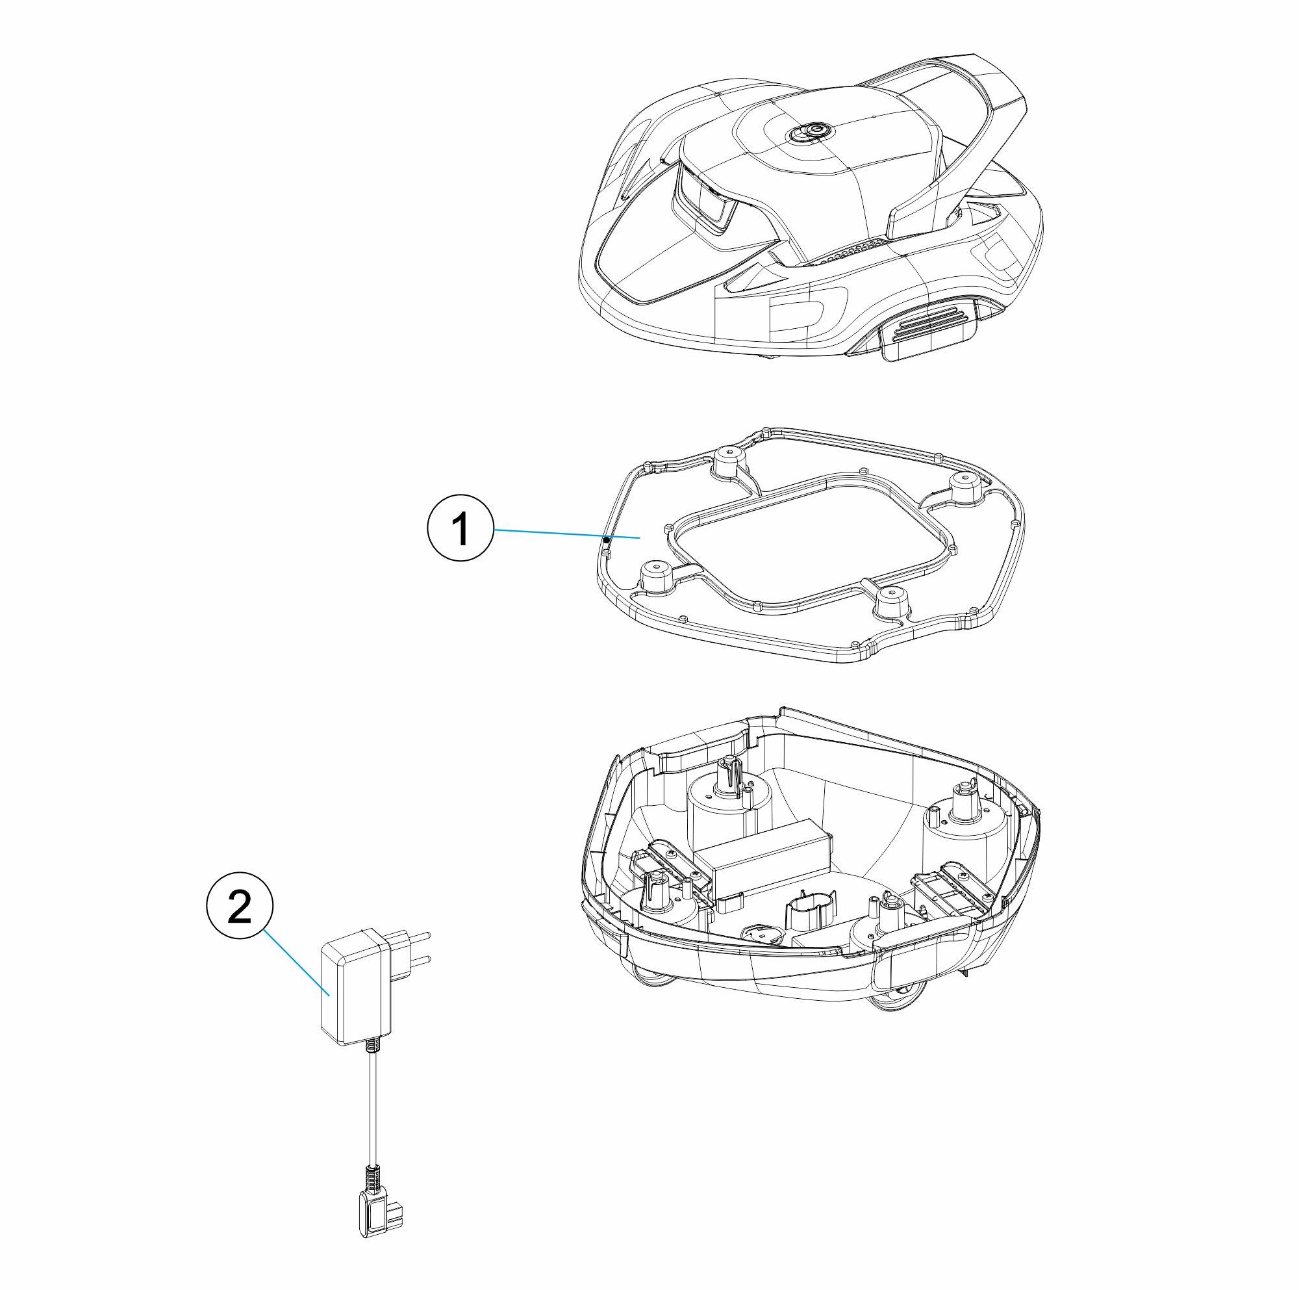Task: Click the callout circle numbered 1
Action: pos(460,528)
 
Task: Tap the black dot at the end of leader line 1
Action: pos(606,539)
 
